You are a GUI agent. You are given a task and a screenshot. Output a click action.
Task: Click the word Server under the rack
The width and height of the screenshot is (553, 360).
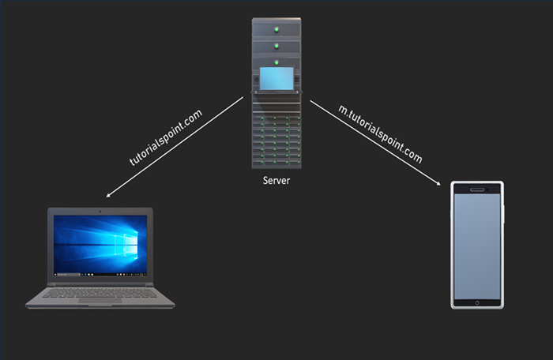(x=276, y=181)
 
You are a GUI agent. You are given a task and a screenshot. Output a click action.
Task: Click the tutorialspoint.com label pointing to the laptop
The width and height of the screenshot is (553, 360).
(x=166, y=137)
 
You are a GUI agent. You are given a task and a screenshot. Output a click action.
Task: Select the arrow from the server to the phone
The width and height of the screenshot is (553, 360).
(x=375, y=143)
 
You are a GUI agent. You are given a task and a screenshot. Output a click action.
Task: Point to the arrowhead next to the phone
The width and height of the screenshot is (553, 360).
(x=438, y=184)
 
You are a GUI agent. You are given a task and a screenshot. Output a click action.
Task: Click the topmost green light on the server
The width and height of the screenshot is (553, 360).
(x=276, y=31)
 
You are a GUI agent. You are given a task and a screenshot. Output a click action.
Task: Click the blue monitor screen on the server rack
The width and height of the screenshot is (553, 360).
(x=276, y=78)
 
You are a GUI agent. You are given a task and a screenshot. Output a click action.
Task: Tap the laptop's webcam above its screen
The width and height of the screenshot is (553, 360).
(x=100, y=212)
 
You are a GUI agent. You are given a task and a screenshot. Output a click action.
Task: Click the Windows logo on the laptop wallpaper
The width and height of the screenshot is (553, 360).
(x=118, y=241)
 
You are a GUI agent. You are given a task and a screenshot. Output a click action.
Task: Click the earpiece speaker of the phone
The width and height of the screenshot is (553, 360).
(x=476, y=189)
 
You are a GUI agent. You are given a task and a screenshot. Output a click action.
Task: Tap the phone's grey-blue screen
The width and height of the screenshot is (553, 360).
(x=476, y=245)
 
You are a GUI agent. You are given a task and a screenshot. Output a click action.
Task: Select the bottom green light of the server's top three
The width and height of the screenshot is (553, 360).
(x=276, y=59)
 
